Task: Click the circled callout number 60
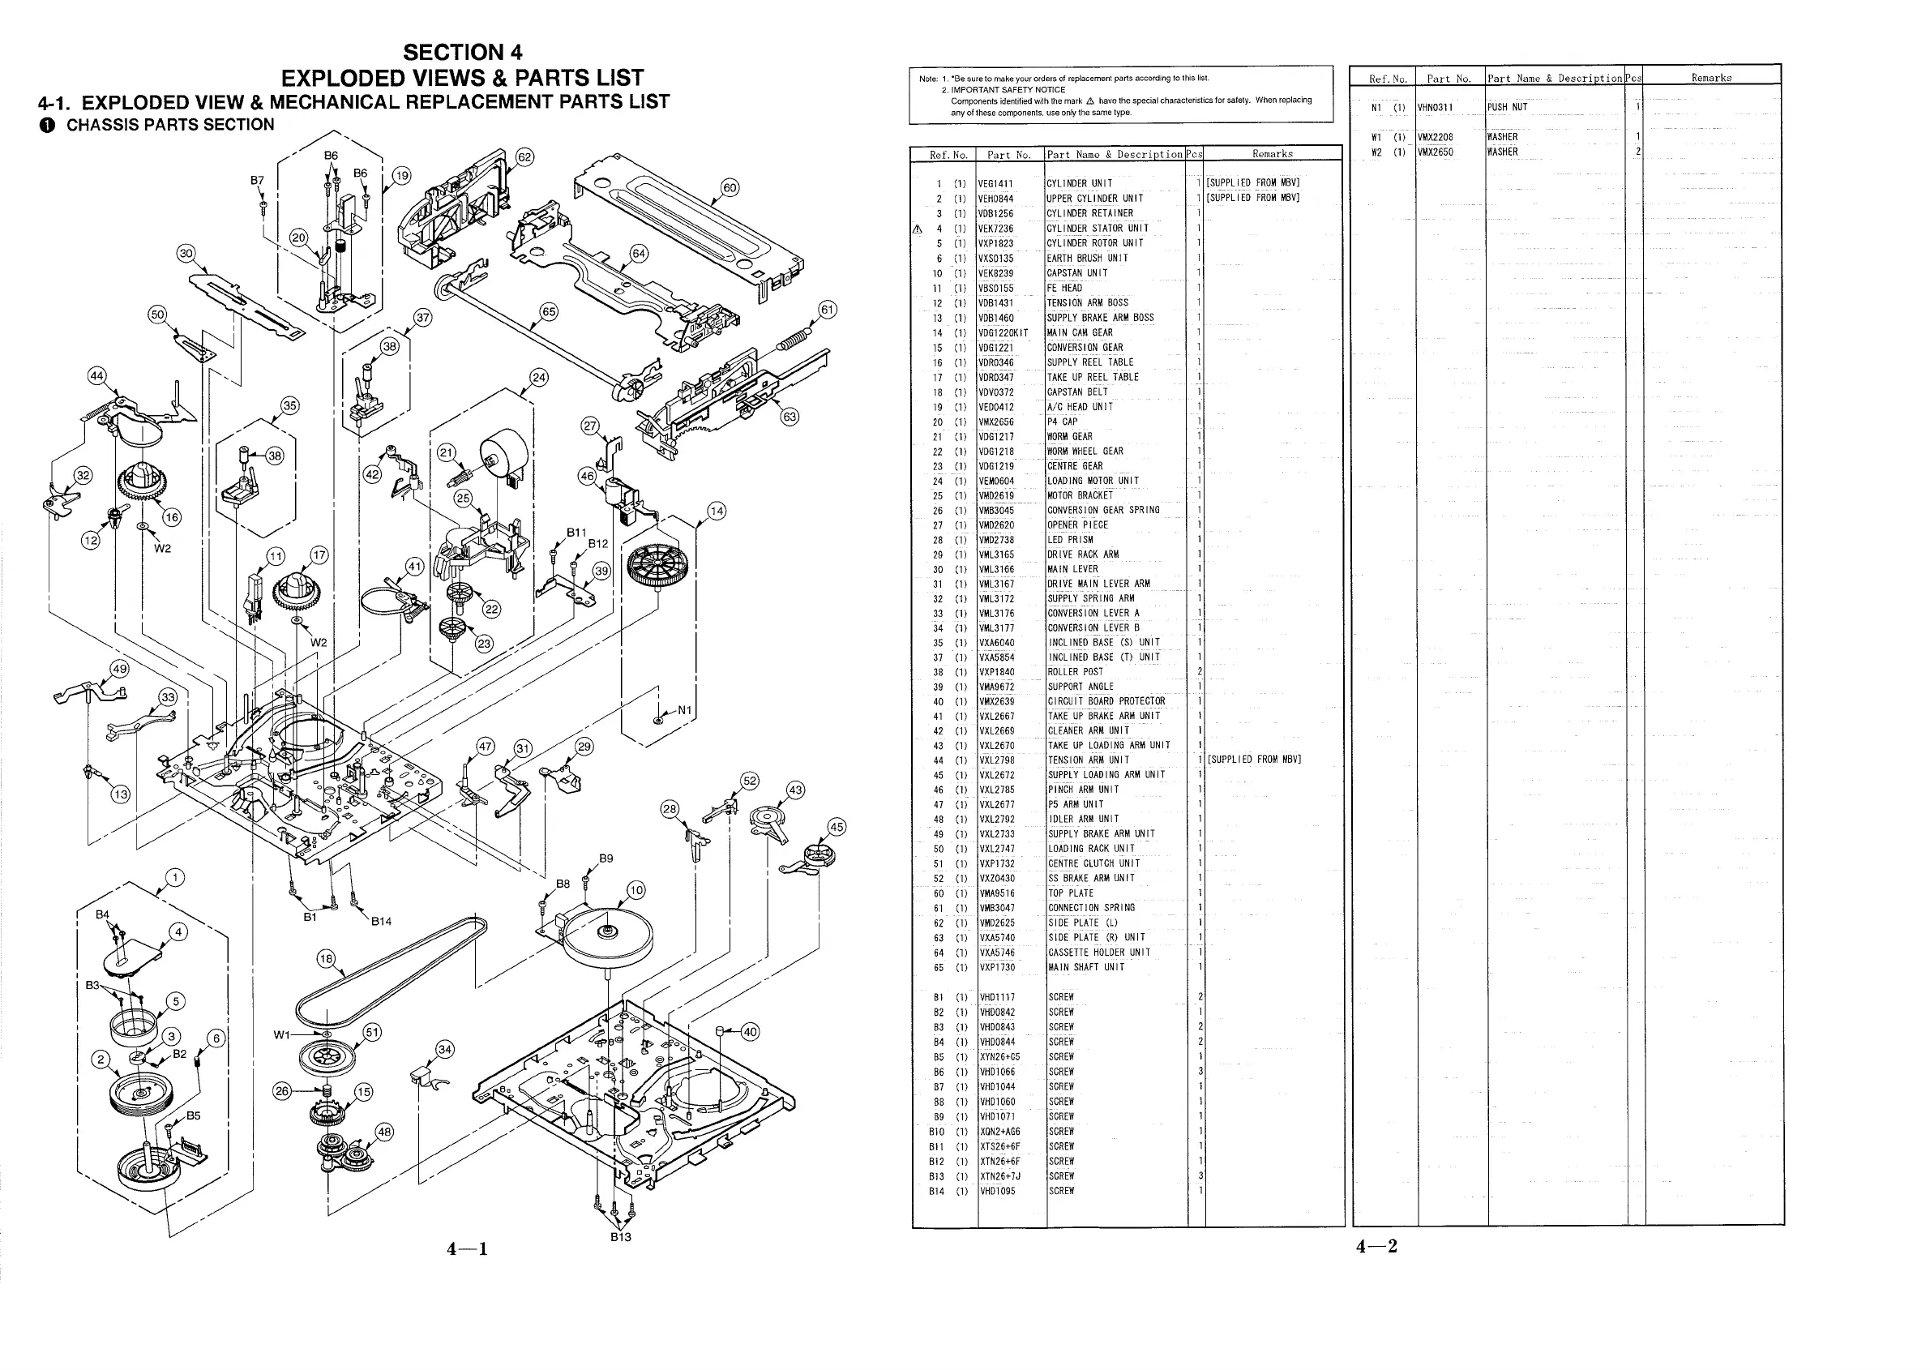[730, 188]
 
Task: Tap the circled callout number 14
[717, 512]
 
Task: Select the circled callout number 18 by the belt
[326, 958]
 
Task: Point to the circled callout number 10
[636, 890]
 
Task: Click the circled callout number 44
[97, 376]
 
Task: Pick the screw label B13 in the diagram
[621, 1237]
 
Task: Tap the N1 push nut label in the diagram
[684, 710]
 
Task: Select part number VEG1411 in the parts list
[995, 184]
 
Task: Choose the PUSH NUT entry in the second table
[1508, 107]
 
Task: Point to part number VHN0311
[1435, 107]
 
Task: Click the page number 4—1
[468, 1249]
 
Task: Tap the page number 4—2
[1376, 1246]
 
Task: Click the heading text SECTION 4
[462, 53]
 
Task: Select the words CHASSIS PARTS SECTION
[170, 125]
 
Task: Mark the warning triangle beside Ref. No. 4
[918, 229]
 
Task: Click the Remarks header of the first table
[1272, 154]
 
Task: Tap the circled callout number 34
[444, 1050]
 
